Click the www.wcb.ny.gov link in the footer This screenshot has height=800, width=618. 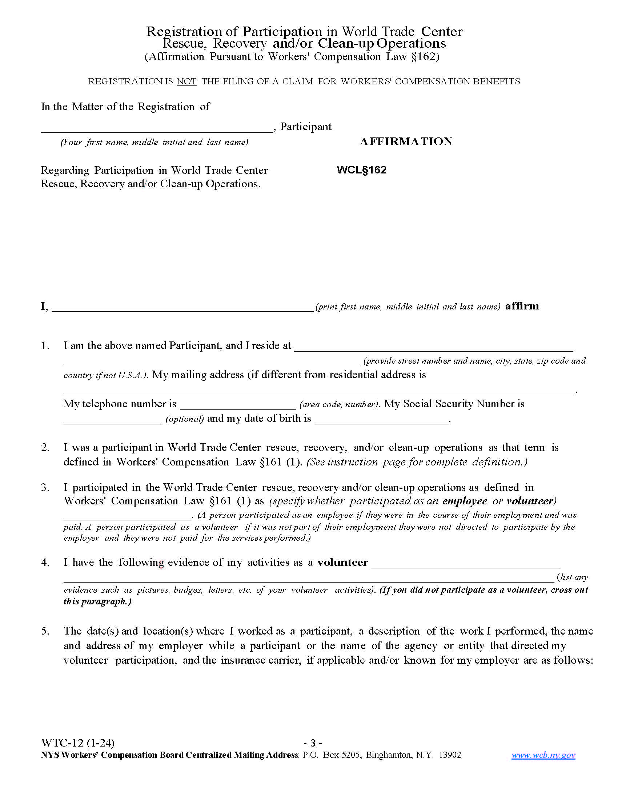(x=543, y=755)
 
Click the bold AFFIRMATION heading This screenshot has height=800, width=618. (x=406, y=141)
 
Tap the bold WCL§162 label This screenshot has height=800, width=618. (x=361, y=170)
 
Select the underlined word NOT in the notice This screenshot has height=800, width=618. (x=187, y=81)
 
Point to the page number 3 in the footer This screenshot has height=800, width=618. (x=313, y=743)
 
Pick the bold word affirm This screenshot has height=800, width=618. (x=522, y=306)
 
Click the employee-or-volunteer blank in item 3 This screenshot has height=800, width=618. (x=127, y=516)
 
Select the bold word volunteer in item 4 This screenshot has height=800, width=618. (x=343, y=563)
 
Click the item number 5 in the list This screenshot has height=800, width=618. (x=45, y=631)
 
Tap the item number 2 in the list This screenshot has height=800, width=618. (x=45, y=448)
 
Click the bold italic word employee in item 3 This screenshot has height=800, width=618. (x=465, y=501)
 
